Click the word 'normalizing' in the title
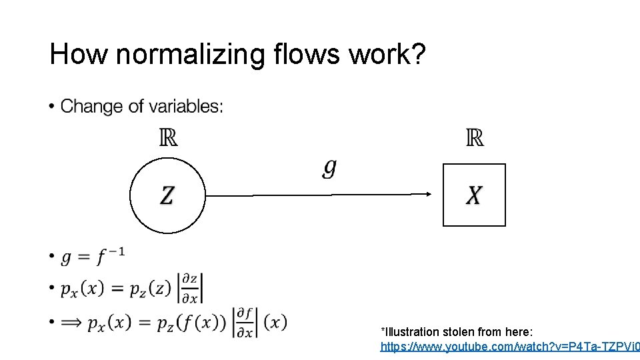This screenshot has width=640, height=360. click(191, 55)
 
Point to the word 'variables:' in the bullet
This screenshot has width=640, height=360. click(186, 106)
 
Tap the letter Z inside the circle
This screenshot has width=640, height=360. click(167, 195)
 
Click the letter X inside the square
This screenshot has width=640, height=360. click(474, 195)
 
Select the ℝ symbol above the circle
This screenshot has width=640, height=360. click(168, 138)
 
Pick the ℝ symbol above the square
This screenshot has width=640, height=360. click(474, 138)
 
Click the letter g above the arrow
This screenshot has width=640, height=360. click(329, 168)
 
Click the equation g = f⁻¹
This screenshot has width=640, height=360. click(93, 256)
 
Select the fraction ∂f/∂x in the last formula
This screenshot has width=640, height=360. click(245, 323)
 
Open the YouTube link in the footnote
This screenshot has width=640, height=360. click(509, 347)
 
